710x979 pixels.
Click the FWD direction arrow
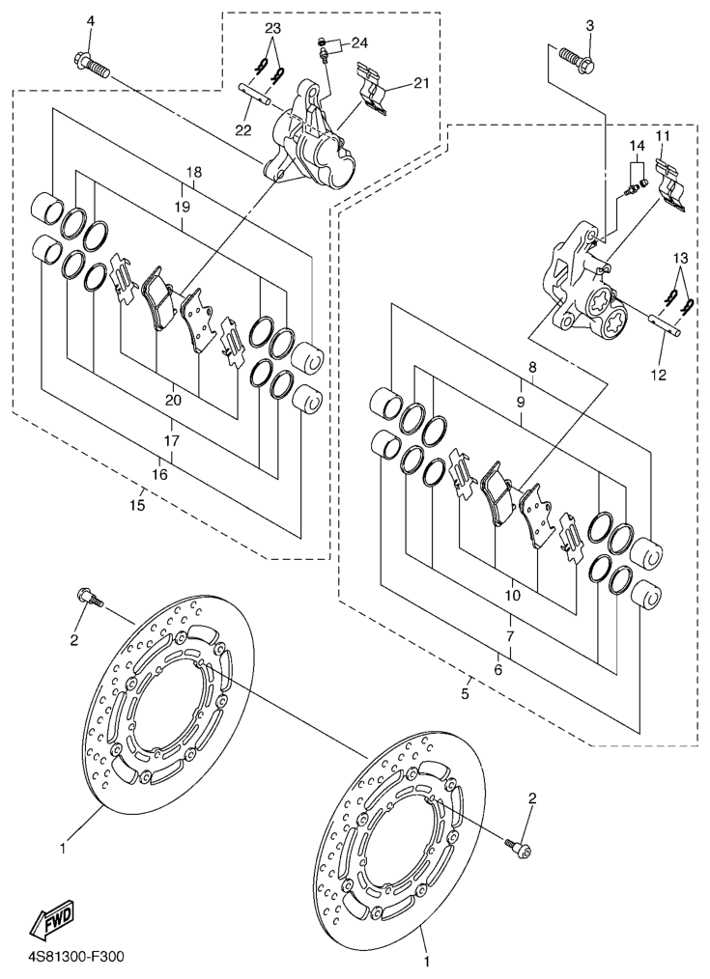[x=53, y=919]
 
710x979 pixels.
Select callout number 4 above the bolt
[x=91, y=21]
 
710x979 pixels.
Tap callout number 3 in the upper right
[x=589, y=26]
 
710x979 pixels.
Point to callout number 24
[x=359, y=43]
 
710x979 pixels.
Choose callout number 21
[x=421, y=83]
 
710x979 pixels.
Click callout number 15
[x=137, y=505]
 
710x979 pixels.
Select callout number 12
[x=659, y=375]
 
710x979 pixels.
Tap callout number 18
[x=193, y=172]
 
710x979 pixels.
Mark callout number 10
[x=512, y=596]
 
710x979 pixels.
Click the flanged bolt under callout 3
[x=577, y=58]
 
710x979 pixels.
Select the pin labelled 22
[x=255, y=93]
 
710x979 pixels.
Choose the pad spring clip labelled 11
[x=671, y=185]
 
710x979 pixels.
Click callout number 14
[x=636, y=146]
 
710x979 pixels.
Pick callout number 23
[x=272, y=28]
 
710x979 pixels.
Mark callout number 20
[x=174, y=400]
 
